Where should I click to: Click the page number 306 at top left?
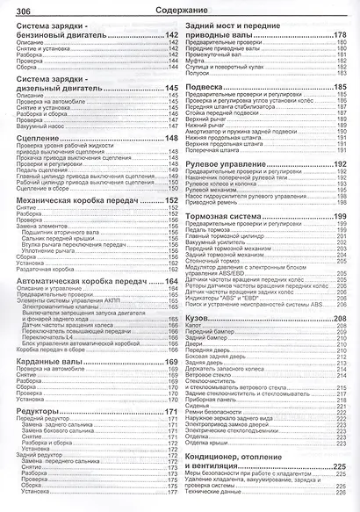point(18,10)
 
